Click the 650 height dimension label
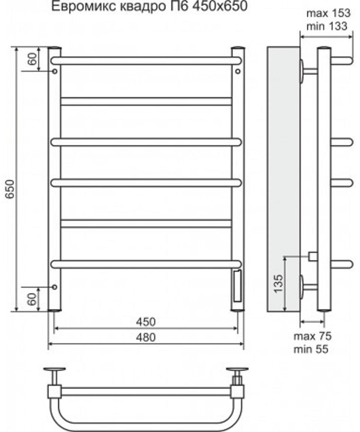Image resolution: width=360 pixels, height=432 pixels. pyautogui.click(x=10, y=189)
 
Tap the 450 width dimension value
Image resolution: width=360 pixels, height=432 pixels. pyautogui.click(x=146, y=322)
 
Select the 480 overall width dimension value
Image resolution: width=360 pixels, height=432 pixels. pyautogui.click(x=146, y=337)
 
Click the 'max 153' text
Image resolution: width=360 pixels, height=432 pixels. pyautogui.click(x=328, y=13)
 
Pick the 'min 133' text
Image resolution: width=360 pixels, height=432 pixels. pyautogui.click(x=327, y=26)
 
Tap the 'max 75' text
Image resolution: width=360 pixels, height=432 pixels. pyautogui.click(x=312, y=336)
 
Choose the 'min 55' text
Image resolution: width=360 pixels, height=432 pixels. pyautogui.click(x=311, y=349)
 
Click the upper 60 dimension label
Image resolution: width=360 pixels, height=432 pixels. pyautogui.click(x=32, y=58)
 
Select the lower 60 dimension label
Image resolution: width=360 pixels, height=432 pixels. pyautogui.click(x=32, y=299)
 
